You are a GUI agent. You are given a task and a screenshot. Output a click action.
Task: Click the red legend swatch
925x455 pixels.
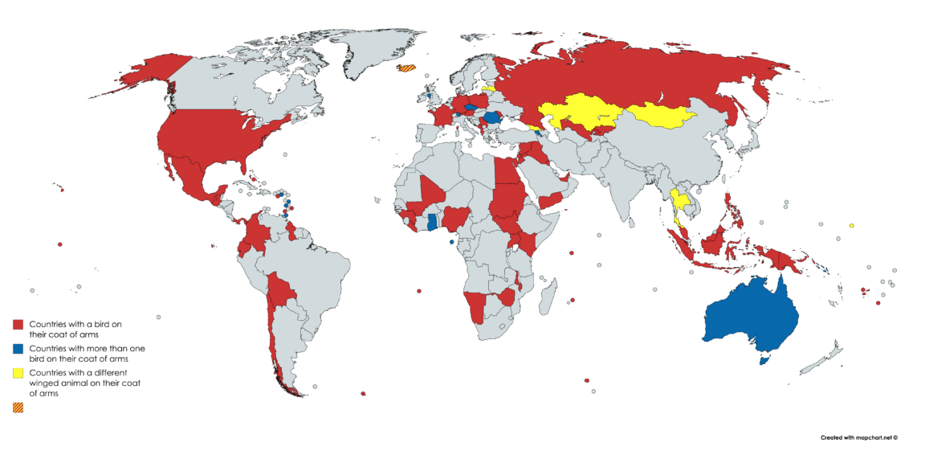tap(18, 325)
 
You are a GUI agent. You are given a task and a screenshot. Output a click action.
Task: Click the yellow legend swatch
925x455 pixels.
tap(18, 375)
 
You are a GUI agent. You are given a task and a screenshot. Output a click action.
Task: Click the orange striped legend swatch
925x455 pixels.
tap(18, 408)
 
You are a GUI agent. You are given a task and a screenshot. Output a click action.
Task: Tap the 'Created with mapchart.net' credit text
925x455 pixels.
tap(858, 438)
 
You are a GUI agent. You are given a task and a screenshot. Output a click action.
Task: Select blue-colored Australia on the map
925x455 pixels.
tap(747, 318)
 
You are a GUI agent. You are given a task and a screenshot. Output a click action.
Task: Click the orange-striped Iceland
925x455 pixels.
tap(408, 69)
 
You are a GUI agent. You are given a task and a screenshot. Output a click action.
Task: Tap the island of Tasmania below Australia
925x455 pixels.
tap(763, 361)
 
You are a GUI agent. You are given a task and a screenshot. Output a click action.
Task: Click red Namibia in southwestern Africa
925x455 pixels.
tap(477, 304)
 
